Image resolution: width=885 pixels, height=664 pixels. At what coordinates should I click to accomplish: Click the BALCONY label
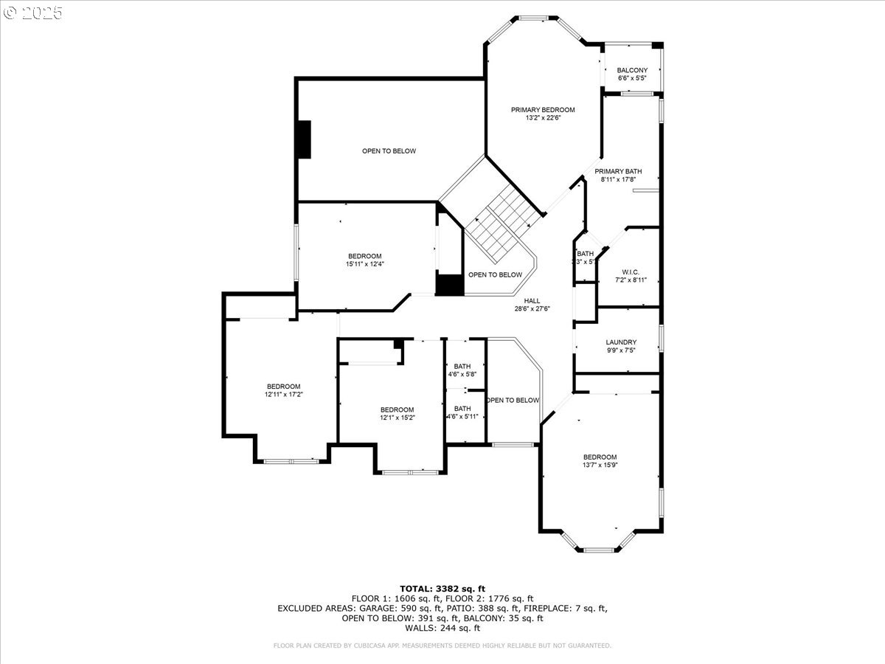[632, 70]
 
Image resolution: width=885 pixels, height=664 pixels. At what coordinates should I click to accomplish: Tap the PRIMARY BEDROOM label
[543, 110]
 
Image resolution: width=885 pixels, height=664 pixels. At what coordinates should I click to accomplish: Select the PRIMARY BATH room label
[618, 171]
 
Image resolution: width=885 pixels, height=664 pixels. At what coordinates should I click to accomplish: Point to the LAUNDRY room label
[620, 342]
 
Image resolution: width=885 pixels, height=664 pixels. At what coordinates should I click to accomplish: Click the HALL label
[532, 301]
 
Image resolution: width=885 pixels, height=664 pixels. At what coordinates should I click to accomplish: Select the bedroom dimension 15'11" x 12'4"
[365, 264]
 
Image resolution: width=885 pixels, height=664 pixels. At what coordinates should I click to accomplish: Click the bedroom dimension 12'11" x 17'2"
[284, 395]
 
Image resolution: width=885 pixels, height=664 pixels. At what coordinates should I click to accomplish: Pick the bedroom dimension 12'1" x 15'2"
[397, 418]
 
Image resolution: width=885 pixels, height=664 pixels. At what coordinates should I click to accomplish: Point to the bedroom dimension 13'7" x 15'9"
[600, 465]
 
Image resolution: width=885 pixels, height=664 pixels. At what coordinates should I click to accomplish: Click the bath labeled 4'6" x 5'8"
[462, 375]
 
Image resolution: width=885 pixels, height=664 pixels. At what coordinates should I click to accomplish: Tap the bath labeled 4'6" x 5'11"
[462, 417]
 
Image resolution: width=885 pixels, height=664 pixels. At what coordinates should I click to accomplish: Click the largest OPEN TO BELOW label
[389, 151]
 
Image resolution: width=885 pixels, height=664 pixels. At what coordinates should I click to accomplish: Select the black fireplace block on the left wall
[303, 139]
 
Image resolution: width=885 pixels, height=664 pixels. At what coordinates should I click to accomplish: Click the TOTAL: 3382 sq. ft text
[442, 588]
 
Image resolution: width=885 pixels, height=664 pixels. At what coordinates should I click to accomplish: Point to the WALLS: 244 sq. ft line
[442, 628]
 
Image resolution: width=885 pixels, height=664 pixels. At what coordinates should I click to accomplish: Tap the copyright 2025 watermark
[33, 13]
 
